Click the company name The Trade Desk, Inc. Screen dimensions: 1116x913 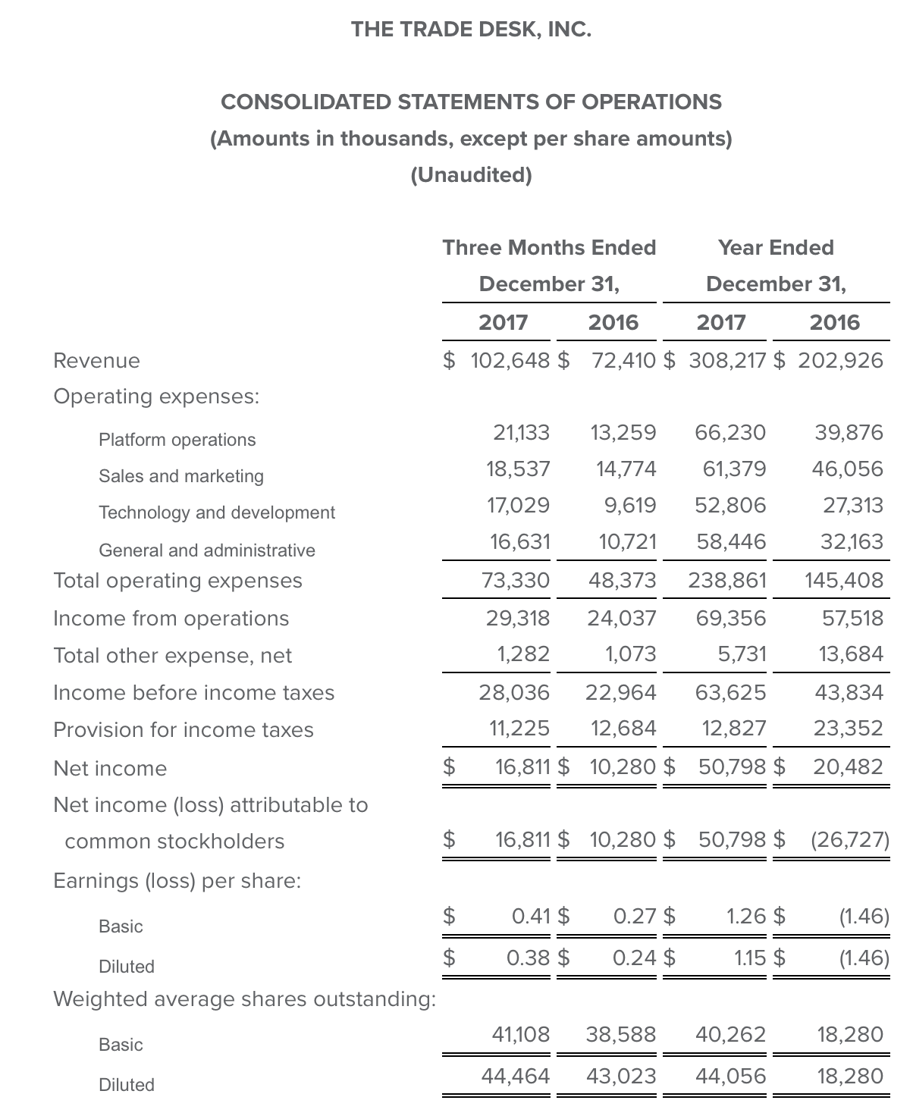click(471, 30)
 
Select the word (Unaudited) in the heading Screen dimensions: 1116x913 click(471, 175)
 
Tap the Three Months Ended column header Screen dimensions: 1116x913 click(549, 247)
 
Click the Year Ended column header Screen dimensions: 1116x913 click(776, 247)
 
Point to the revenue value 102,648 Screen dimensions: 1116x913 click(510, 360)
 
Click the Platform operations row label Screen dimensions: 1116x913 click(177, 440)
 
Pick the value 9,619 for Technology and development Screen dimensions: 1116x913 click(630, 505)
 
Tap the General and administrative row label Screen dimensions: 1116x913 click(207, 550)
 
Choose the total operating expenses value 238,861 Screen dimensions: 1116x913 click(727, 581)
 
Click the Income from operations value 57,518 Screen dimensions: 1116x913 click(853, 618)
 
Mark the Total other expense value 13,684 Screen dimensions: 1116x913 click(851, 654)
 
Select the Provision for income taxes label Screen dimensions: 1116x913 click(184, 729)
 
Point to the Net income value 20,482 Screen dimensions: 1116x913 click(849, 766)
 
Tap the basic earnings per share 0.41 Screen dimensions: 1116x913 click(531, 917)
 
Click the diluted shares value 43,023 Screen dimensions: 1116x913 click(621, 1076)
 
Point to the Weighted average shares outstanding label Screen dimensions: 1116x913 click(244, 999)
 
